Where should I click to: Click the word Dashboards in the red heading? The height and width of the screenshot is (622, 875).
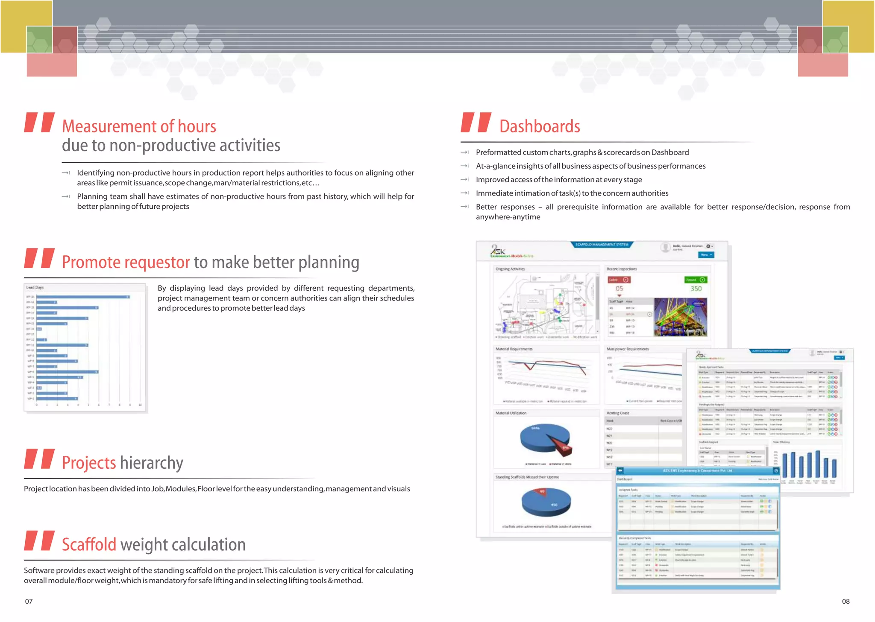click(x=539, y=127)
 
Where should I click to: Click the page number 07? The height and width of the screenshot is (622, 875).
click(x=29, y=601)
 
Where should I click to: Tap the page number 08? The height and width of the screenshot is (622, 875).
click(x=846, y=601)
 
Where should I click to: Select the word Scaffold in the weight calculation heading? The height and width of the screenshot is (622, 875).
click(x=89, y=545)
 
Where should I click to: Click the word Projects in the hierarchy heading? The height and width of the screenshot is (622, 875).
click(x=89, y=463)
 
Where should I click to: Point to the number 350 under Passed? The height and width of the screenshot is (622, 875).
click(x=696, y=289)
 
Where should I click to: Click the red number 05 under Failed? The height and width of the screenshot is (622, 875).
click(x=619, y=289)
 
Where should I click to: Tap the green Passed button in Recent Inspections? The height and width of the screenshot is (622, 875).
click(x=696, y=280)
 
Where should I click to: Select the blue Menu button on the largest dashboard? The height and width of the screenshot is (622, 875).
click(x=706, y=255)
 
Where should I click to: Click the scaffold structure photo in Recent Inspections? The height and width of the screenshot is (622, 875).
click(x=680, y=317)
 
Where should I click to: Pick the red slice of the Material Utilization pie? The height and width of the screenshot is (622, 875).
click(x=561, y=447)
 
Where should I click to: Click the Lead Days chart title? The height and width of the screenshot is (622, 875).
click(x=35, y=287)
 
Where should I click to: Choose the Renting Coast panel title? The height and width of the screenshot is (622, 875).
click(x=618, y=413)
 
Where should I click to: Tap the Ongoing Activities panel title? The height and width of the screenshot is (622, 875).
click(x=510, y=269)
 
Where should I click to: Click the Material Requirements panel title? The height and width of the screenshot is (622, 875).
click(x=514, y=349)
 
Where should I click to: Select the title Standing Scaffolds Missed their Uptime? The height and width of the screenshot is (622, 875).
click(x=527, y=477)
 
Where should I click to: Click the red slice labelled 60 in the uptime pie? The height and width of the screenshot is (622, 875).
click(x=542, y=492)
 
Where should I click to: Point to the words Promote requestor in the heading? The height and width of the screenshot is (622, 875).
click(x=126, y=262)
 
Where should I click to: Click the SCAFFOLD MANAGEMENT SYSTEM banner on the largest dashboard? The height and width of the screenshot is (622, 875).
click(x=602, y=245)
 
